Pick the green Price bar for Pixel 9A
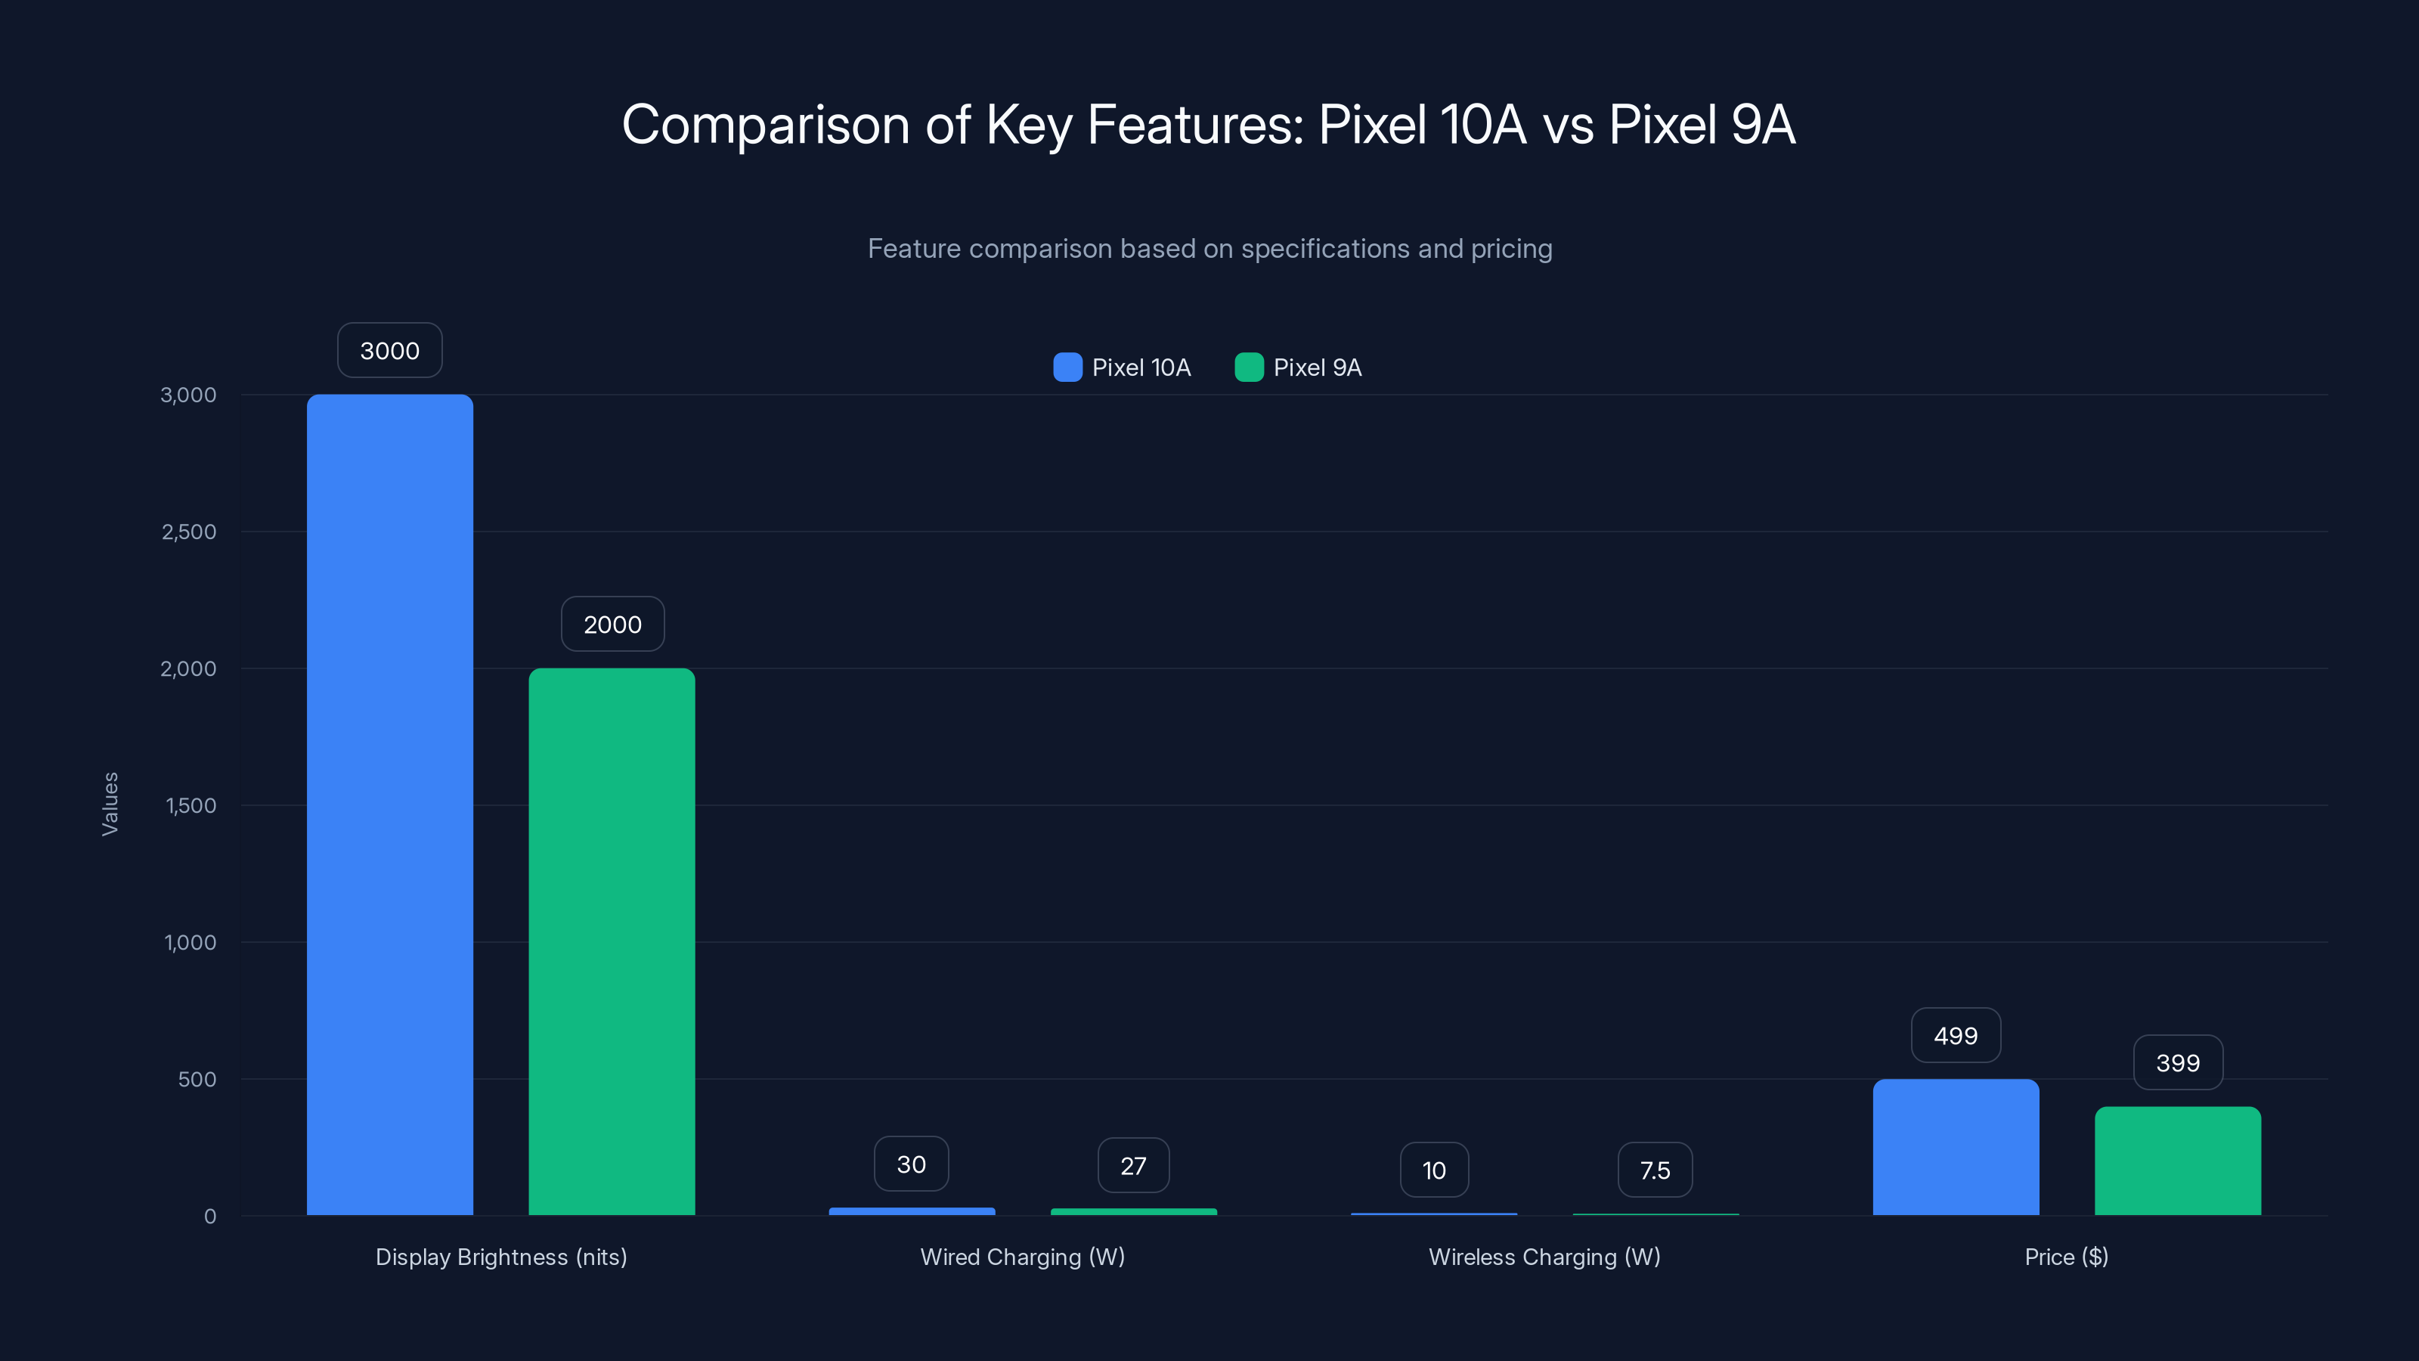(2177, 1161)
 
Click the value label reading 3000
(390, 350)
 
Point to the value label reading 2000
(612, 625)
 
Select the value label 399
(2177, 1063)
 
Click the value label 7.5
(1655, 1170)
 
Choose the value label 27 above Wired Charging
(1132, 1166)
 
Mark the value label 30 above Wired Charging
(911, 1164)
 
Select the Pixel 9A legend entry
(1299, 367)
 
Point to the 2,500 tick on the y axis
(189, 532)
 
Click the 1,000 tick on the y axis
(190, 942)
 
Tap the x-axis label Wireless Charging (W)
(1544, 1257)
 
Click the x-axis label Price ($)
(2066, 1257)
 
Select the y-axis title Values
(110, 804)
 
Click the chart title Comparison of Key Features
(1209, 124)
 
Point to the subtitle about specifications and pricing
(1209, 248)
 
